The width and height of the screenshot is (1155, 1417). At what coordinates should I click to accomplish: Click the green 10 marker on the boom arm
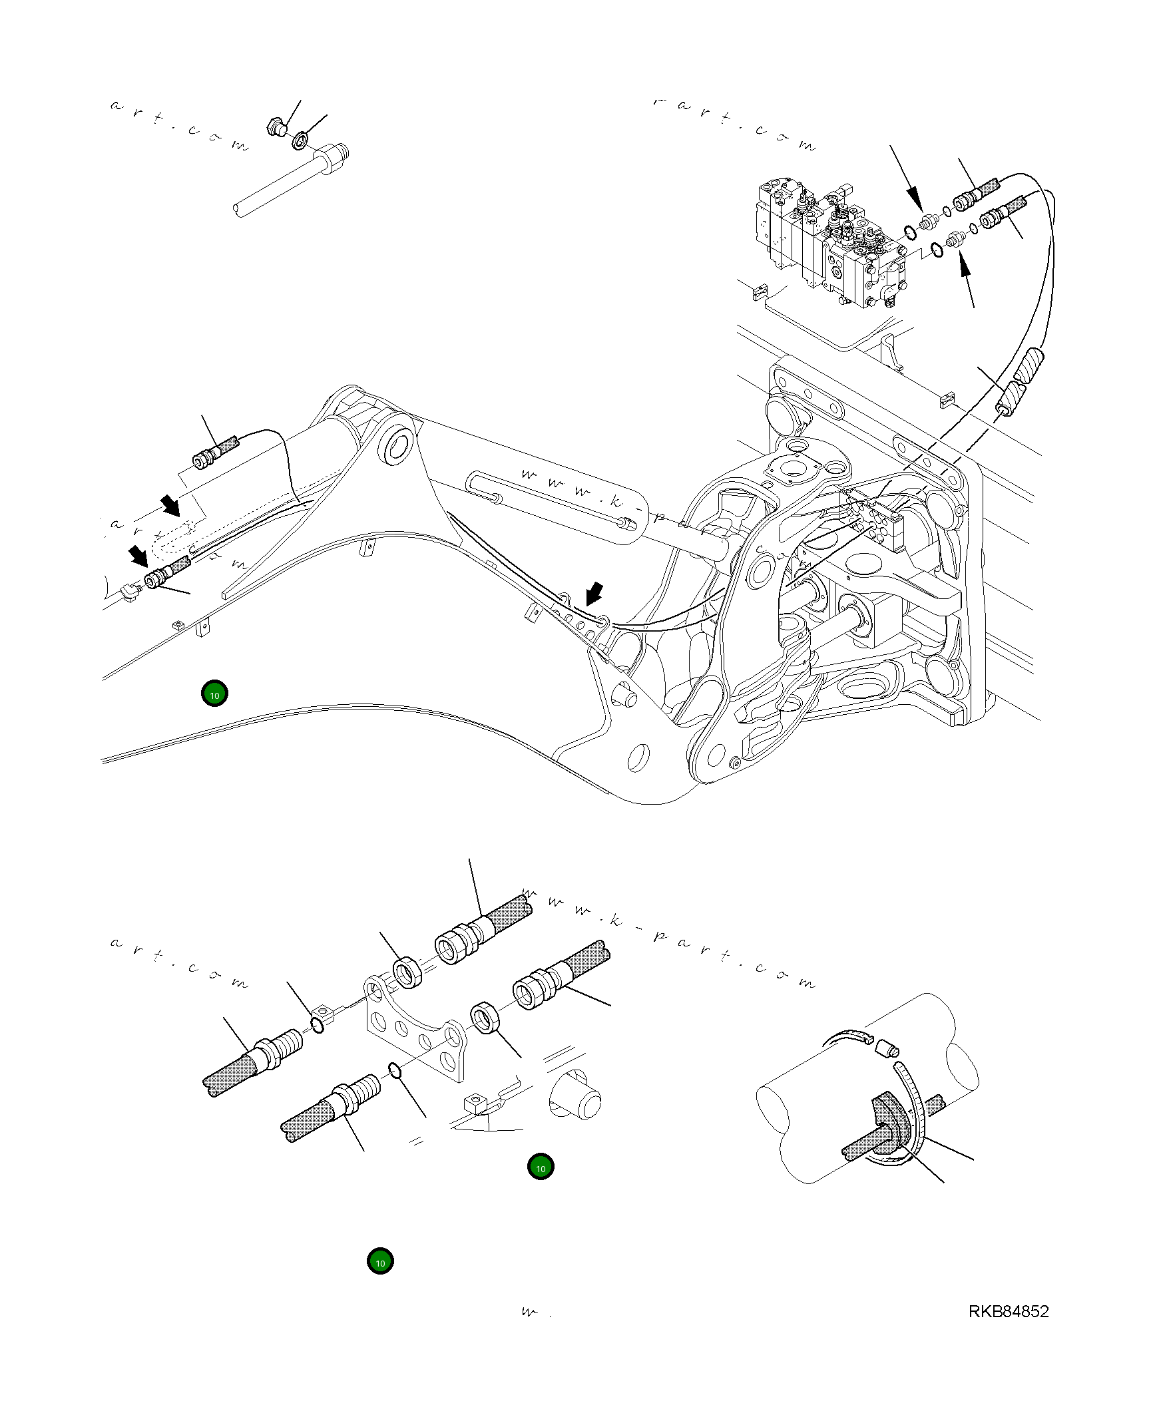pyautogui.click(x=214, y=694)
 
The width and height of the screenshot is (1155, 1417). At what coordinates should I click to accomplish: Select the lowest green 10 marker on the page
pyautogui.click(x=380, y=1262)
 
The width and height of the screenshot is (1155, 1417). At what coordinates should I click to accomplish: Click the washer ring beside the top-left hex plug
pyautogui.click(x=300, y=140)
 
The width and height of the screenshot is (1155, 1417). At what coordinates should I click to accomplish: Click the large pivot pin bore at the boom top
pyautogui.click(x=397, y=445)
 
